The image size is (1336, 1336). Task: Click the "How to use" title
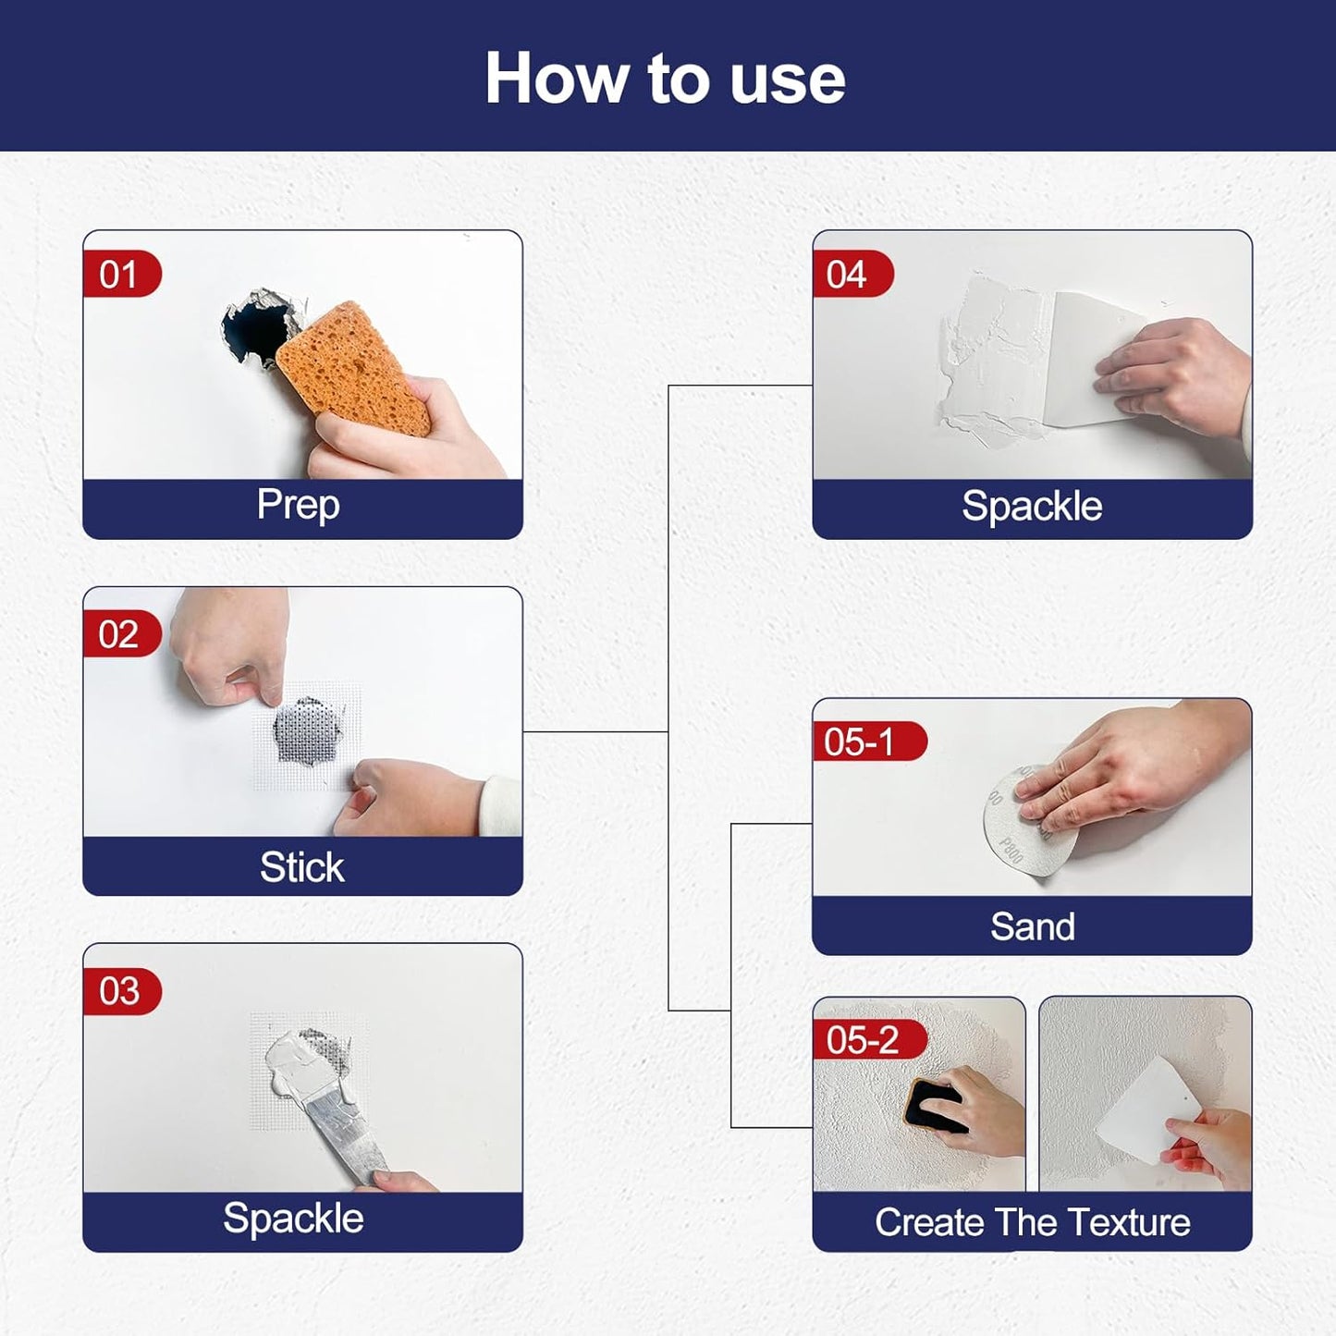point(665,79)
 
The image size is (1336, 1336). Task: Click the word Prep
point(298,505)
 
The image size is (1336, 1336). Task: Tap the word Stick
point(301,867)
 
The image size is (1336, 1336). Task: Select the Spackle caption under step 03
point(293,1219)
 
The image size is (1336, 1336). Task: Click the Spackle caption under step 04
point(1032,507)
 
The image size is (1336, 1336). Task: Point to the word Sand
point(1032,926)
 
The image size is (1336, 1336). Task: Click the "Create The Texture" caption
point(1032,1222)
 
